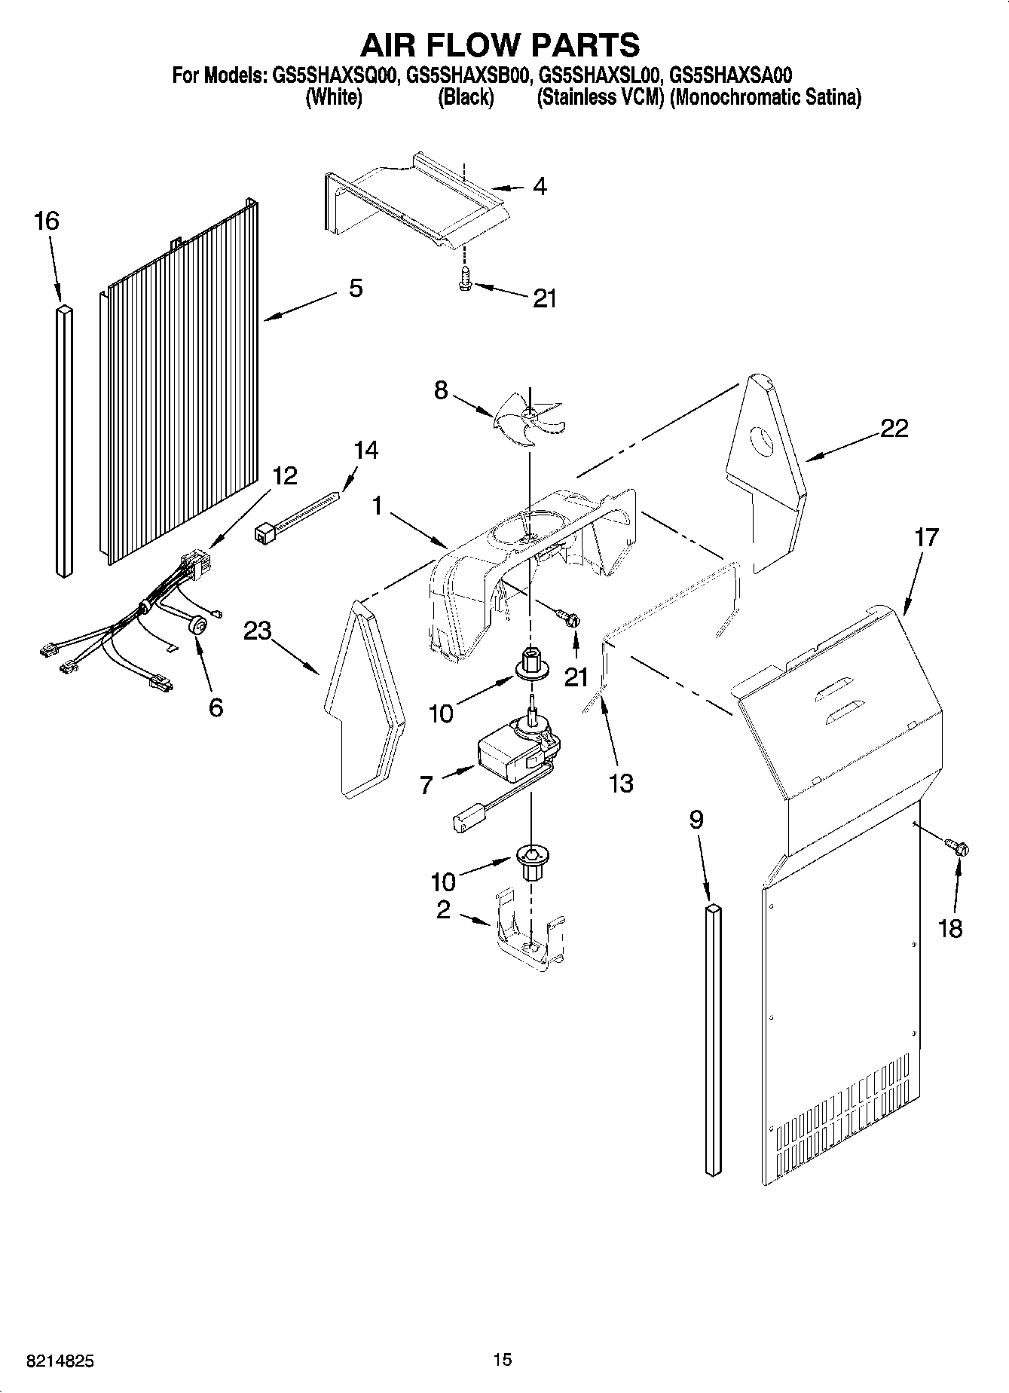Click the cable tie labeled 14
(298, 515)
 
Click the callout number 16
(46, 221)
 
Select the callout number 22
(894, 429)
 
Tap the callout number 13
(621, 784)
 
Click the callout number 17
(926, 537)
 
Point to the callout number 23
(257, 630)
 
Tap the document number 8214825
(60, 1361)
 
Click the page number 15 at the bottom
(503, 1360)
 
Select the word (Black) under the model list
(466, 98)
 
